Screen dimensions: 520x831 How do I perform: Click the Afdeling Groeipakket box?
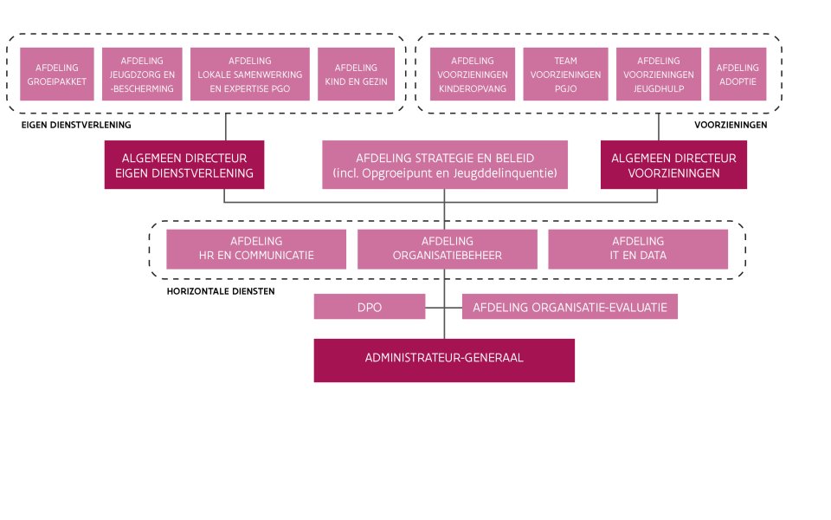[57, 74]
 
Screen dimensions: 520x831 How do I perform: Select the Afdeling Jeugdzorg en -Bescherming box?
[142, 74]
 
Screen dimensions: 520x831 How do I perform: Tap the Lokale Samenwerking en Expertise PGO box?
[250, 74]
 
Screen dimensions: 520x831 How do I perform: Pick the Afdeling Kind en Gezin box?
[356, 74]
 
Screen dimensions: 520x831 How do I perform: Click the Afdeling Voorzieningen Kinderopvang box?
[473, 74]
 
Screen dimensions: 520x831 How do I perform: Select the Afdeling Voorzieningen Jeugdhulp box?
[658, 74]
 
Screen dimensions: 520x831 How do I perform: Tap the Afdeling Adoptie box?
[738, 74]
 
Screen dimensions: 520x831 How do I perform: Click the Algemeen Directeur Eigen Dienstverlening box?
[184, 166]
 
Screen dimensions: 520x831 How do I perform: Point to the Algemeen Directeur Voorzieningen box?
[673, 166]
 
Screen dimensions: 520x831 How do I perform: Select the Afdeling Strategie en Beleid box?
[445, 166]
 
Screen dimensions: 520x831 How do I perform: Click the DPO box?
[370, 307]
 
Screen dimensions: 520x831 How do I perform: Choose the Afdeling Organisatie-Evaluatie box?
[570, 307]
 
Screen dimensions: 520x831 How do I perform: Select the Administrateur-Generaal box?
[444, 360]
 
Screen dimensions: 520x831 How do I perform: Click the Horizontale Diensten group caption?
[220, 292]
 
